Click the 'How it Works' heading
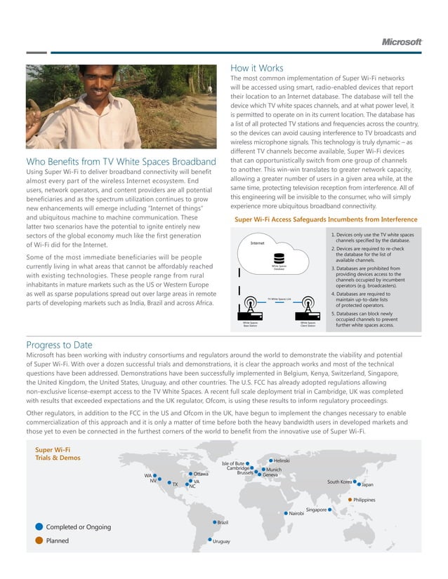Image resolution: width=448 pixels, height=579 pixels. pos(256,68)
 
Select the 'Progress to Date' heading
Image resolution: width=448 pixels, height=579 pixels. pos(59,344)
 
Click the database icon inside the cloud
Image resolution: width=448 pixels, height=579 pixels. pos(279,259)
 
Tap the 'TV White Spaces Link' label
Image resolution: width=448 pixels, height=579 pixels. pos(279,299)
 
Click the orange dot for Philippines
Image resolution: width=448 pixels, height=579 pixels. pos(350,499)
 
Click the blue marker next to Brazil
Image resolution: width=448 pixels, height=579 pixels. pos(214,522)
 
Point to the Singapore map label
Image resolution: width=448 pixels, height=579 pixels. pos(316,510)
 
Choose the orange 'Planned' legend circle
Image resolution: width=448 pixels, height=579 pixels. pos(38,540)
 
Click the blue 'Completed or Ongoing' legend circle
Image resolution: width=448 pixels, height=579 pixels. pos(38,526)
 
